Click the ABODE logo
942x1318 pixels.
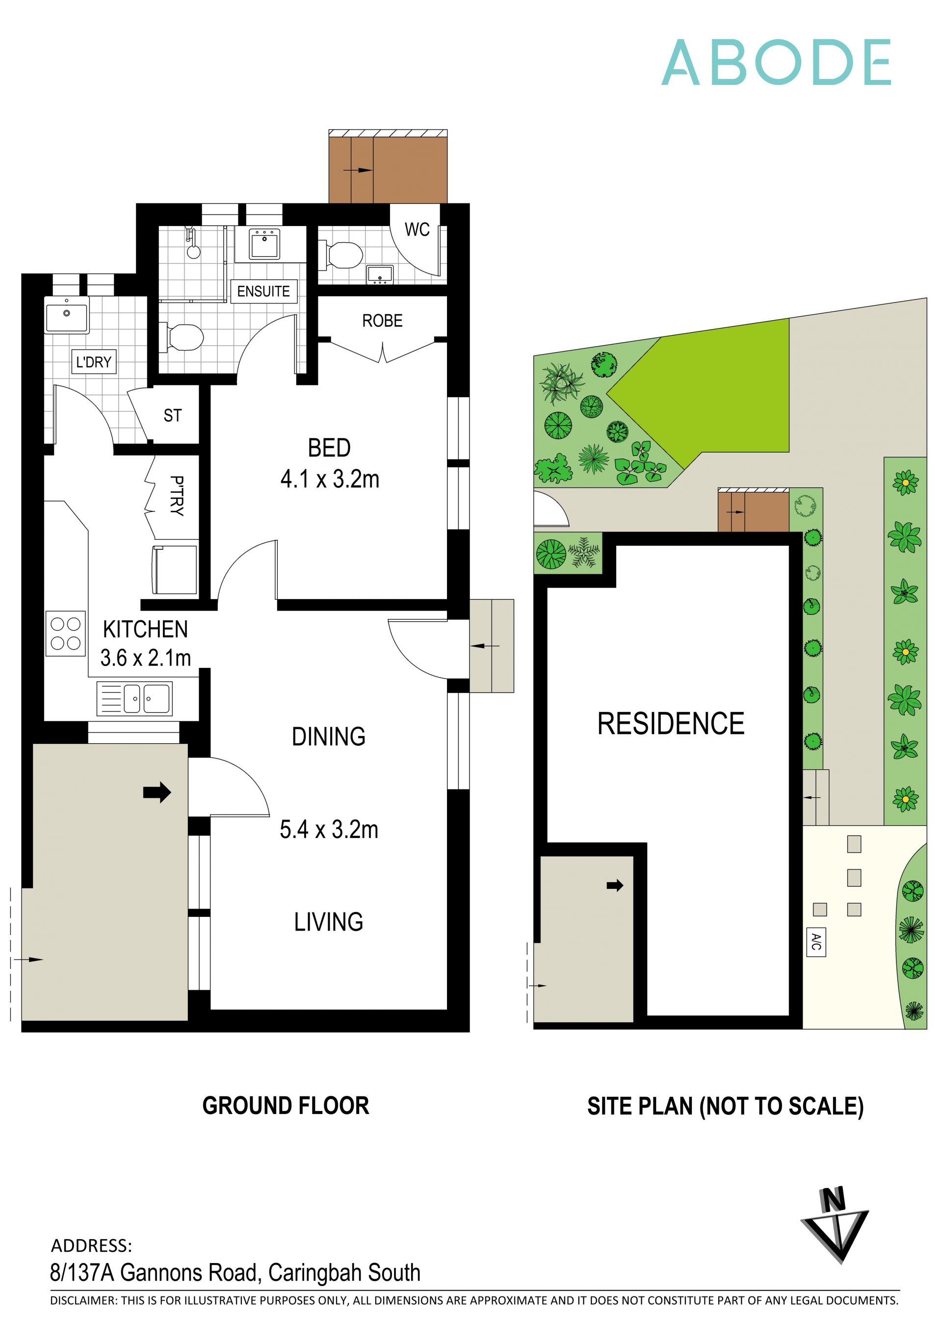(x=776, y=63)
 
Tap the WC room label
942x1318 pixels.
(x=417, y=229)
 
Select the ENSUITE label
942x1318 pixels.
(x=263, y=291)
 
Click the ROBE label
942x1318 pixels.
(x=382, y=321)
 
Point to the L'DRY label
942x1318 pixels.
(x=93, y=362)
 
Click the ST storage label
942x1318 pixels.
(x=172, y=415)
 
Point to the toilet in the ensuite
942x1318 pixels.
(x=184, y=337)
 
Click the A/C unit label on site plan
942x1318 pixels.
(x=815, y=941)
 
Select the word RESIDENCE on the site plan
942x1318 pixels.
(x=671, y=724)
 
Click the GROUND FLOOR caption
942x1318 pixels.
(x=286, y=1106)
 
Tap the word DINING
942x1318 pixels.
(x=328, y=736)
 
